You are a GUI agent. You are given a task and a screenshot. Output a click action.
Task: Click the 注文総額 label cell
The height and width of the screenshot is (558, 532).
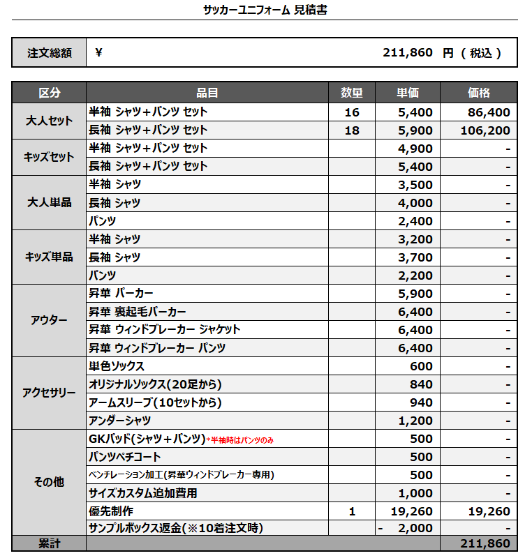tap(49, 53)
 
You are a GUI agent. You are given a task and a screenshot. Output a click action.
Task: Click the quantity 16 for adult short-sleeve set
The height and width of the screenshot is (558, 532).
tap(352, 112)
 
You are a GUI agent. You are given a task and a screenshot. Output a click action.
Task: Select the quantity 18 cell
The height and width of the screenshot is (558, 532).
tap(352, 130)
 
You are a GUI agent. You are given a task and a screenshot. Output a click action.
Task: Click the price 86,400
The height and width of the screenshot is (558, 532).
tap(489, 112)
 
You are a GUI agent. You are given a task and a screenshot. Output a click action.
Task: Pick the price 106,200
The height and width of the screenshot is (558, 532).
tap(486, 130)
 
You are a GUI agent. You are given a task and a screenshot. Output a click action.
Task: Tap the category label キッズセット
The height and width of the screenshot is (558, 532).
tap(49, 157)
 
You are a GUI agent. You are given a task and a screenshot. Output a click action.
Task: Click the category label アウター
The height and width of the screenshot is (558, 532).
tap(49, 320)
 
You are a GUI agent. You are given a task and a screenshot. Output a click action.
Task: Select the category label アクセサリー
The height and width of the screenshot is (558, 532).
tap(49, 393)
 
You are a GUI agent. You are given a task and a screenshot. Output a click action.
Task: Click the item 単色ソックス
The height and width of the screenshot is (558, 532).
tap(117, 366)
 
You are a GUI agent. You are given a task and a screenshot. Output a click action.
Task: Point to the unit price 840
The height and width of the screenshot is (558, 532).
tap(421, 384)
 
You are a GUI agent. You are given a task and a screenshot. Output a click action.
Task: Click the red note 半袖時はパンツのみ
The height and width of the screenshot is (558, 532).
tap(249, 439)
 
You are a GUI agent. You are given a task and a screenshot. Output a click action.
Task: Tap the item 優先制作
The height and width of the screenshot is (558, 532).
tap(111, 511)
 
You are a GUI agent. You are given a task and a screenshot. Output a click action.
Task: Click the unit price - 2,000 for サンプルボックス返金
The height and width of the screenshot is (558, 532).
tap(409, 528)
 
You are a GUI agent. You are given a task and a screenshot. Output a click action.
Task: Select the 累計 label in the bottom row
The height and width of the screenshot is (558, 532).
tap(49, 543)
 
